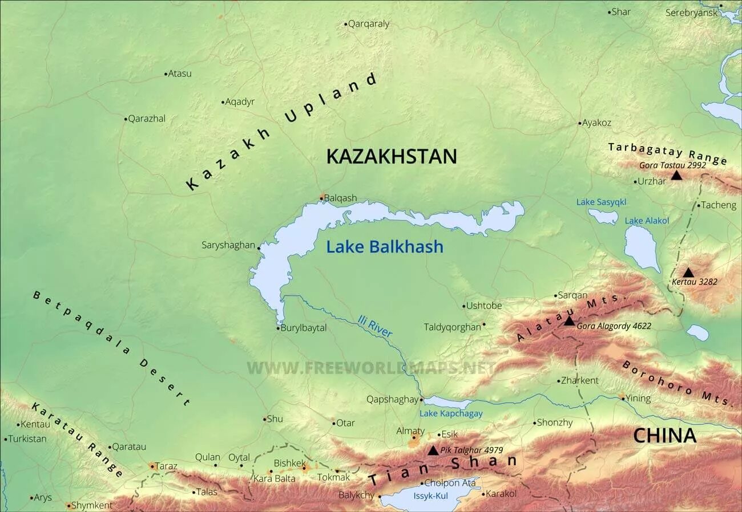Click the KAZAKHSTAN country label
pos(392,156)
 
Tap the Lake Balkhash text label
pos(385,246)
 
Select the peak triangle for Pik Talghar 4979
pos(433,450)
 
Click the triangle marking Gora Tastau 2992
pos(676,175)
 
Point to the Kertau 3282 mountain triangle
pos(688,273)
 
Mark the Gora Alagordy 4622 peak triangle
pos(569,322)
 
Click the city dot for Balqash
pos(322,198)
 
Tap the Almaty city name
pos(410,431)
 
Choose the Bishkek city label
pos(290,463)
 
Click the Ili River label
pos(375,326)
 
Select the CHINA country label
pos(665,436)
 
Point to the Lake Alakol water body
pos(641,248)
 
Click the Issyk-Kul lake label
pos(431,496)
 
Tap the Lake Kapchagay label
pos(451,413)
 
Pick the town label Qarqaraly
pos(369,24)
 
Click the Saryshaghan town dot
pos(259,247)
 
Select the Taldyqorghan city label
pos(452,327)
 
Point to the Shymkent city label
pos(91,505)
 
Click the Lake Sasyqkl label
pos(601,202)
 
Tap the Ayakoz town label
pos(596,123)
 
